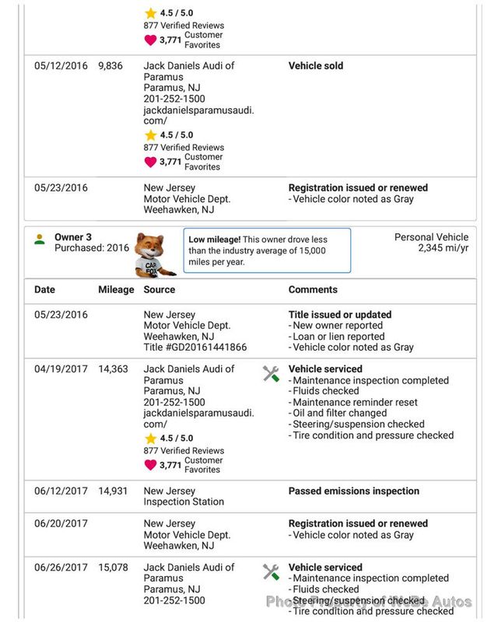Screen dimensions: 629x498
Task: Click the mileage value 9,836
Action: click(x=110, y=66)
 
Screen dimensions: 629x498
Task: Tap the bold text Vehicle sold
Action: click(x=315, y=66)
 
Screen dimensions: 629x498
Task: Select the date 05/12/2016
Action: click(x=61, y=66)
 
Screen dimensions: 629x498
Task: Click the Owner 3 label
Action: click(x=73, y=237)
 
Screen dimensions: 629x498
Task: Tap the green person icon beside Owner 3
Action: click(x=40, y=239)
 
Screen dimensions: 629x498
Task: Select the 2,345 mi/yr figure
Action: click(x=443, y=248)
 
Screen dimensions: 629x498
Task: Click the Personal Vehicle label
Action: click(x=431, y=237)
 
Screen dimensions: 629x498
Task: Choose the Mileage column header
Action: click(x=116, y=289)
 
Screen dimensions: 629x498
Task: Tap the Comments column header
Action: click(x=313, y=289)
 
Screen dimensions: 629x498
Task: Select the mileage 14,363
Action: click(x=113, y=369)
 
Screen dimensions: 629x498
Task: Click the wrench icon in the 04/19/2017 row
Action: click(x=271, y=374)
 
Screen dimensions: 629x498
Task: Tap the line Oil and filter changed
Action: click(x=339, y=414)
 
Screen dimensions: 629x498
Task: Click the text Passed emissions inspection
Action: click(x=353, y=491)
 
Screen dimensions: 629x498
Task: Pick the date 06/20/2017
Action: click(x=61, y=524)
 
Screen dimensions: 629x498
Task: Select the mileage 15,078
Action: click(x=113, y=568)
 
